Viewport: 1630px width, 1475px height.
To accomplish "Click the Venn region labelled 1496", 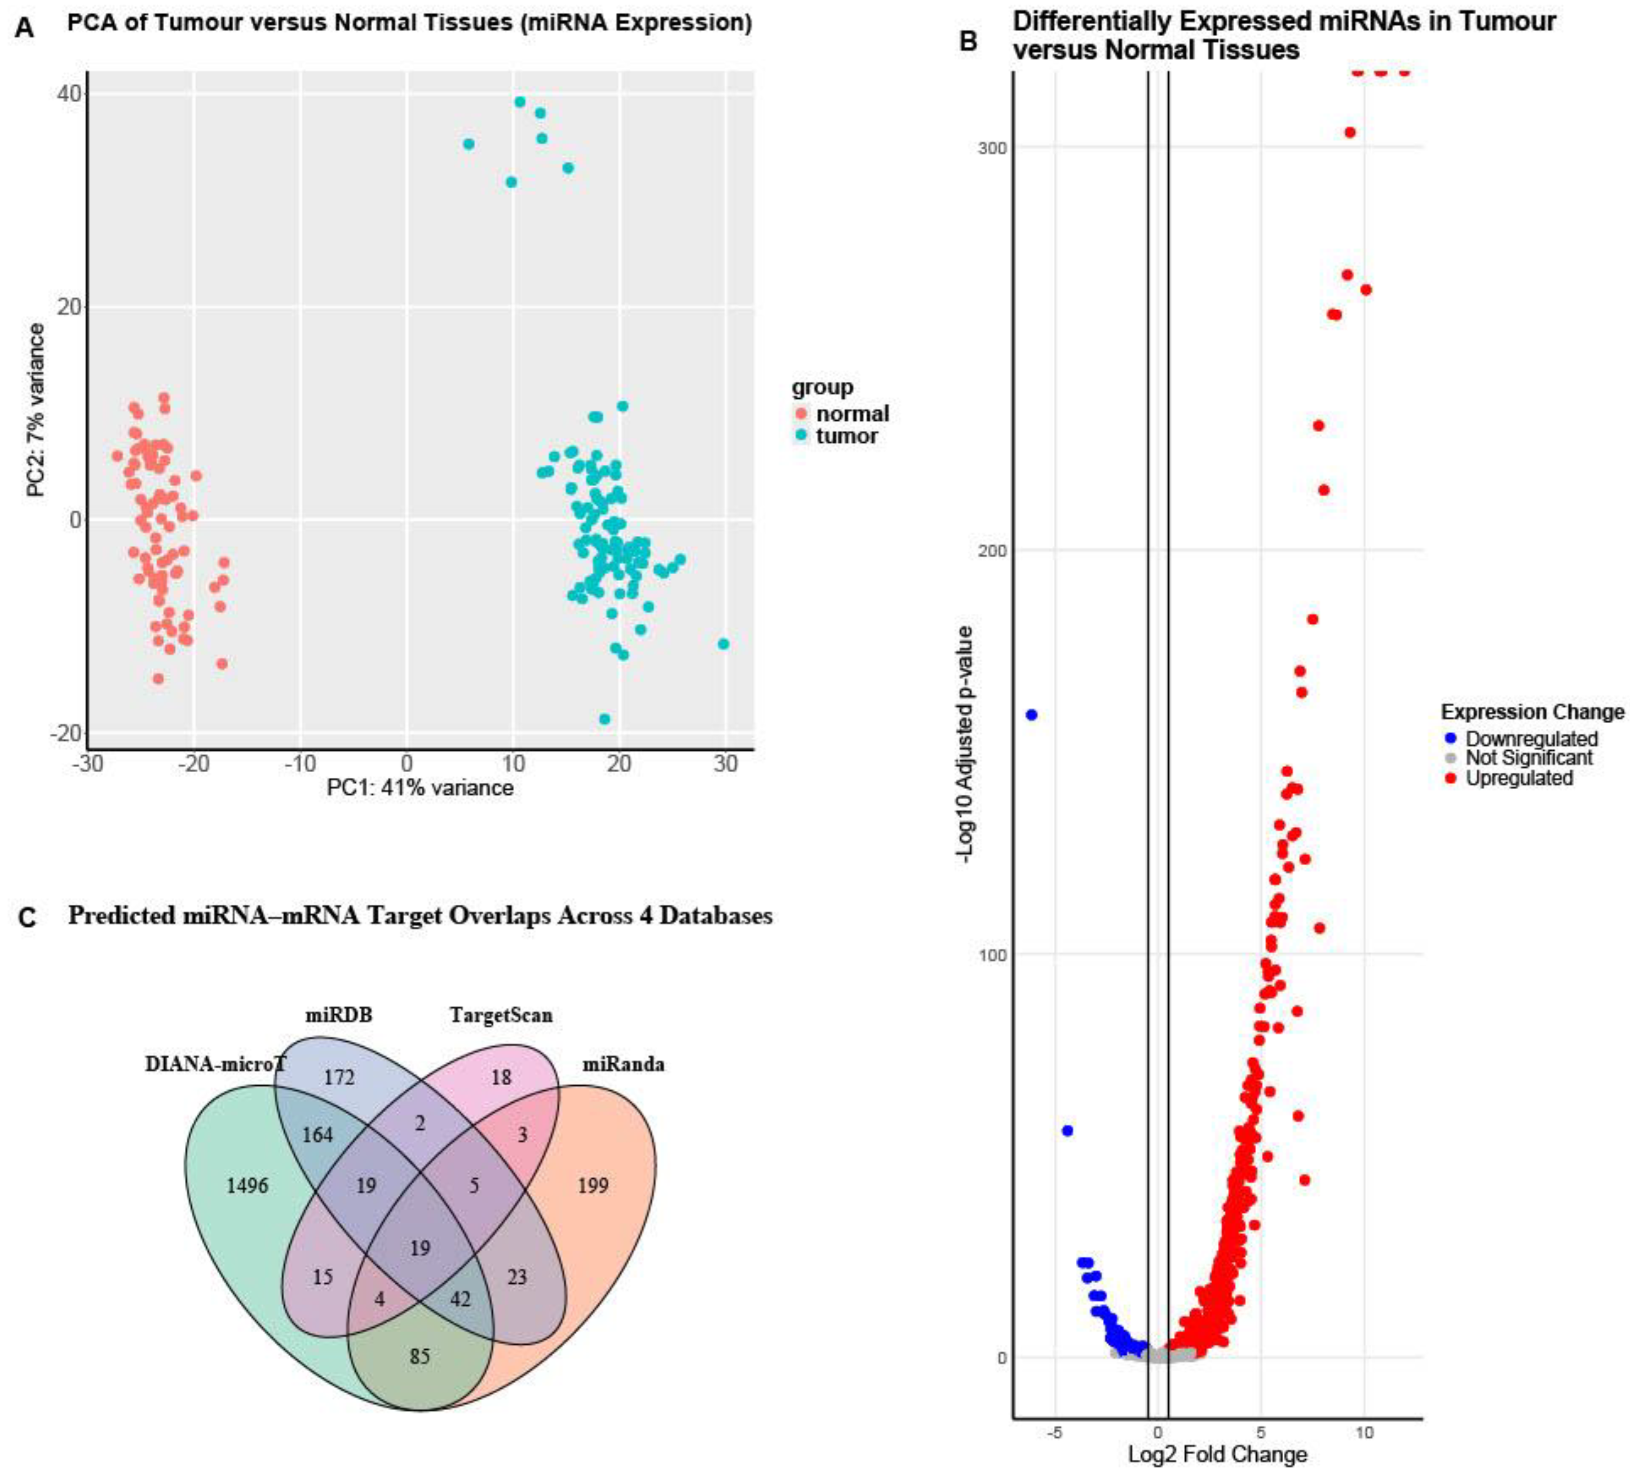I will tap(246, 1186).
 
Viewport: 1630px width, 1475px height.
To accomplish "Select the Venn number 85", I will tap(419, 1356).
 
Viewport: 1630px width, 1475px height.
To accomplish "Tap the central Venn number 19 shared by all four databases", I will tap(419, 1248).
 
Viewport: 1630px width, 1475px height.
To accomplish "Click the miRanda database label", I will tap(624, 1064).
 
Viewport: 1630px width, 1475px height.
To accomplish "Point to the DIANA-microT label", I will tap(215, 1064).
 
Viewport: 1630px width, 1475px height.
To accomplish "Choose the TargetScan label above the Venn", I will tap(501, 1015).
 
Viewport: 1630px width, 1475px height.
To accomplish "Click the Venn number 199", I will tap(593, 1186).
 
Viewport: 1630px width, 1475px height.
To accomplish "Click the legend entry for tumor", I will tap(846, 436).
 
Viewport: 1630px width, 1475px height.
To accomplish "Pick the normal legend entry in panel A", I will tap(851, 414).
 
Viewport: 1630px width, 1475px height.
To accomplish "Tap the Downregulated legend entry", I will tap(1531, 738).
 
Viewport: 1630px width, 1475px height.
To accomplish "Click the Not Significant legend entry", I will tap(1528, 758).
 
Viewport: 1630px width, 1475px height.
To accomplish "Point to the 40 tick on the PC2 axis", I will tap(69, 94).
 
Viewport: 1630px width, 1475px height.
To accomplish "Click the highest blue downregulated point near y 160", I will tap(1031, 715).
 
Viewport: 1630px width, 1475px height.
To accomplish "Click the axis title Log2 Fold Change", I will tap(1217, 1455).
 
